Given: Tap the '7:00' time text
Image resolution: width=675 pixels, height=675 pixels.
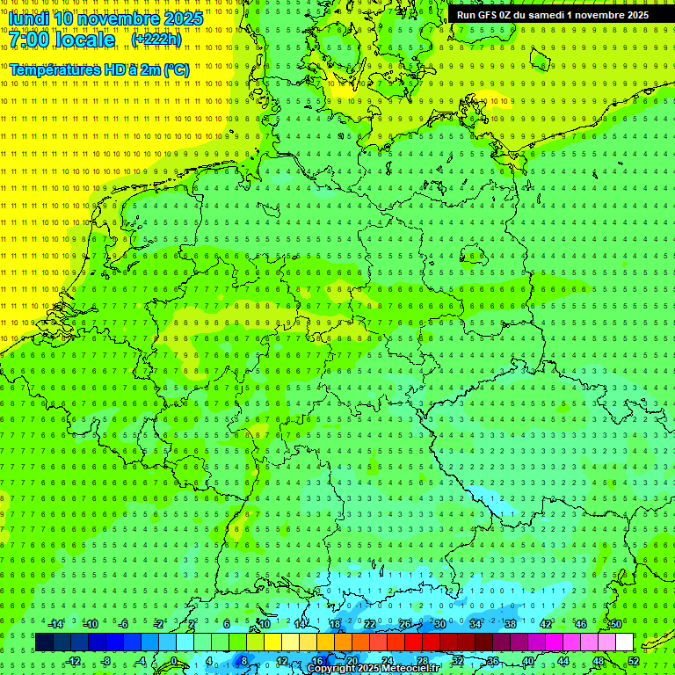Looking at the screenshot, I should [29, 40].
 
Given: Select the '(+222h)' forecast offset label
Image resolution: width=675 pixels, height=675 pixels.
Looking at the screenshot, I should [156, 40].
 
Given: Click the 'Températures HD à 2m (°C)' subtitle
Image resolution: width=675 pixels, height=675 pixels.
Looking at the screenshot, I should [99, 69].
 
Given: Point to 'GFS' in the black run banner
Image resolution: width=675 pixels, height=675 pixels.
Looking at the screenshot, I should [487, 15].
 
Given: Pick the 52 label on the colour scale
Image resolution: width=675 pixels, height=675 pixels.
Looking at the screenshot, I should [634, 661].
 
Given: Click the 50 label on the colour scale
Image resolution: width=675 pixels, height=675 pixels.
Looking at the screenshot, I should [616, 624].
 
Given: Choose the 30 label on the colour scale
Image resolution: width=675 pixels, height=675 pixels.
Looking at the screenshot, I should [440, 624].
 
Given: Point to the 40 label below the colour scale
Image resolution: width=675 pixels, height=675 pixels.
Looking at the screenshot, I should [528, 661].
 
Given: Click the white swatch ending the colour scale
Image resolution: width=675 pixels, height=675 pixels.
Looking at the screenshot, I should [625, 642].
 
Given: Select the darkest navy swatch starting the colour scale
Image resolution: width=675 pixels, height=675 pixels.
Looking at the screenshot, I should [44, 642].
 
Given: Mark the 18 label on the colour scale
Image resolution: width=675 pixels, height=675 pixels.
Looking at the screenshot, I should [335, 624].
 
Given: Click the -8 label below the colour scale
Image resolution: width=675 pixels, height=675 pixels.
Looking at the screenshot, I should [107, 661].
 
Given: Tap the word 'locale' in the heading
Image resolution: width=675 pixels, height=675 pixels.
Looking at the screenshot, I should [83, 40].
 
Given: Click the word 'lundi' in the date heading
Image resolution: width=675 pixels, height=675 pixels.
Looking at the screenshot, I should [28, 18].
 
